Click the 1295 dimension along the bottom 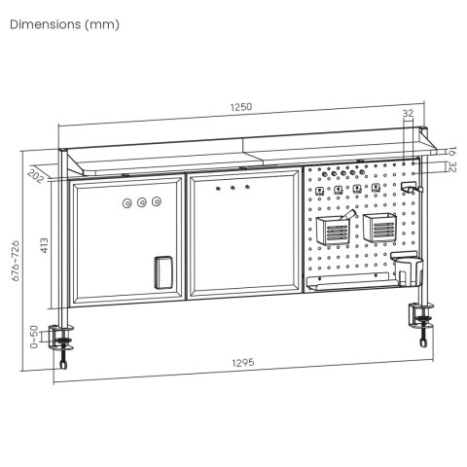coord(243,363)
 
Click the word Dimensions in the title coord(46,24)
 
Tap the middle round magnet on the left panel coord(142,204)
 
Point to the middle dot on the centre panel coord(234,187)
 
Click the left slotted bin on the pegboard coord(332,232)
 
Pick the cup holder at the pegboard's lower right coord(409,268)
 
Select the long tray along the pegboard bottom coord(350,284)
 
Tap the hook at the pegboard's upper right coord(410,185)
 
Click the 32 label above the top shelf coord(408,114)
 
